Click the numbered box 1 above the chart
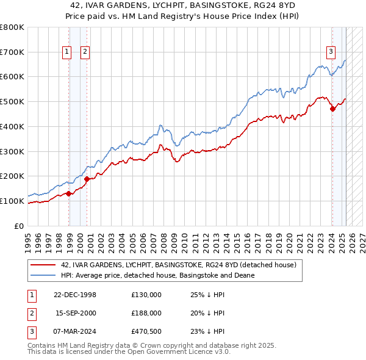[66, 52]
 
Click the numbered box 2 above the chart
[85, 52]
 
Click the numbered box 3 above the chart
[331, 52]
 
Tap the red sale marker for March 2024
[332, 109]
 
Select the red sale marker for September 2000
[87, 179]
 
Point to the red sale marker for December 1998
[69, 193]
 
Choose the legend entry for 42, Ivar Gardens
[178, 265]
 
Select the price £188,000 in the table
[146, 313]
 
